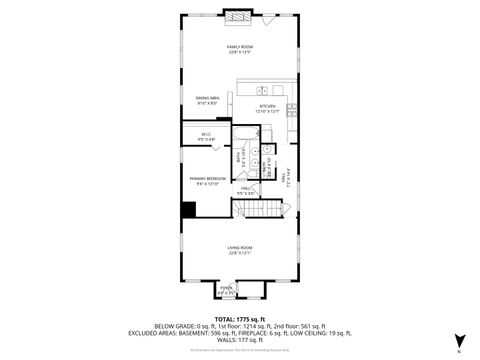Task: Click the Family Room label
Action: coord(239,47)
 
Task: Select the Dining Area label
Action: coord(208,97)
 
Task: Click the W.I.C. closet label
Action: coord(206,134)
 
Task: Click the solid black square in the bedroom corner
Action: coord(187,209)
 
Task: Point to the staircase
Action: coord(256,209)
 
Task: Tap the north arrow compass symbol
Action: coord(459,341)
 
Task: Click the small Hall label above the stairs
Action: coord(244,188)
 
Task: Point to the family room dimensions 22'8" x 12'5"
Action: coord(239,53)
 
